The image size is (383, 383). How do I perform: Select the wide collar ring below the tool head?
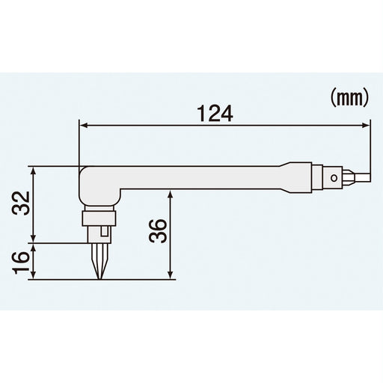(x=98, y=218)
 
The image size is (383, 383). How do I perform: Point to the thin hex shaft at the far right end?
(x=361, y=178)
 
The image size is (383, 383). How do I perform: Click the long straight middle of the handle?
(x=202, y=178)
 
